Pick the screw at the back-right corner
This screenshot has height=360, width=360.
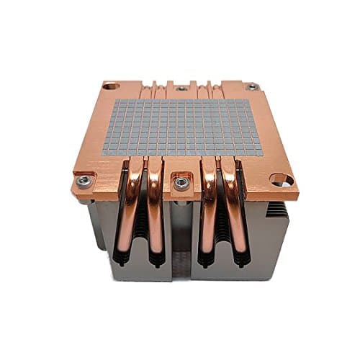[x=251, y=86]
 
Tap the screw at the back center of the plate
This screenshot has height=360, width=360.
[x=180, y=89]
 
